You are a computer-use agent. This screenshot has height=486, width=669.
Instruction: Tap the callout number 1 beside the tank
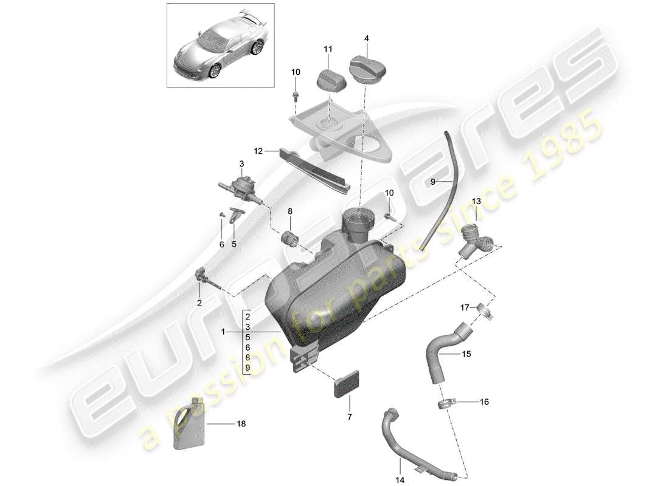(224, 332)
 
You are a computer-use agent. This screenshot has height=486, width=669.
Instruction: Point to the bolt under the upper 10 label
(296, 96)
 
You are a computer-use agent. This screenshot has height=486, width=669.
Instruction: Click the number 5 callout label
(234, 244)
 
